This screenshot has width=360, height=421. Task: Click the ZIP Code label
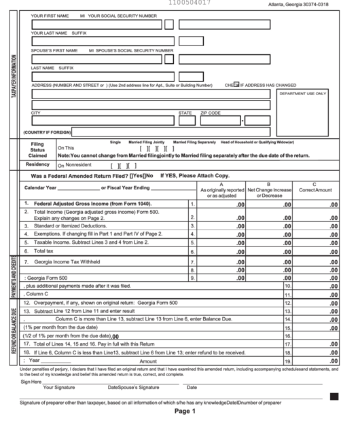[211, 113]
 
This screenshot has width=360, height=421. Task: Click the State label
[185, 113]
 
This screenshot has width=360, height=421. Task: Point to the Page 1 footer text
[185, 411]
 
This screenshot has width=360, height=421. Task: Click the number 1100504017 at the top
[190, 3]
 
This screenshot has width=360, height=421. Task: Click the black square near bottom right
[334, 396]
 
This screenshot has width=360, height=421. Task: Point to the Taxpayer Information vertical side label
[14, 75]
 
